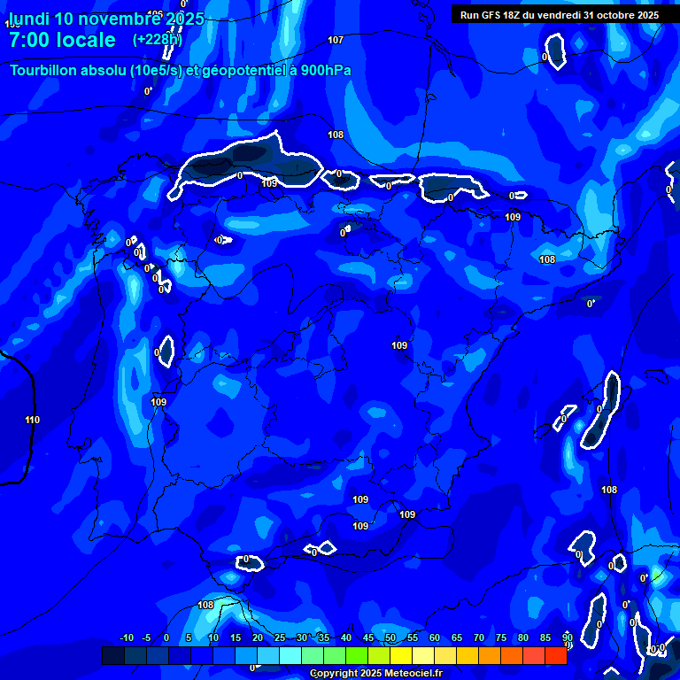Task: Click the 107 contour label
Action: point(336,40)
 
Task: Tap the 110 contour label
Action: point(33,420)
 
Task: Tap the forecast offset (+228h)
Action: point(157,40)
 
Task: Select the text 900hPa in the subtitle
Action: point(325,70)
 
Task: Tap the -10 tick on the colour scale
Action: point(126,638)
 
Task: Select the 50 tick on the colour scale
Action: point(390,638)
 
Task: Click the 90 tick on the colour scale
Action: point(567,638)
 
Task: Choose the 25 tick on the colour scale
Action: point(279,638)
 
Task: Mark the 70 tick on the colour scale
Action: point(479,638)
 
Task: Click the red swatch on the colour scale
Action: point(555,655)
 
